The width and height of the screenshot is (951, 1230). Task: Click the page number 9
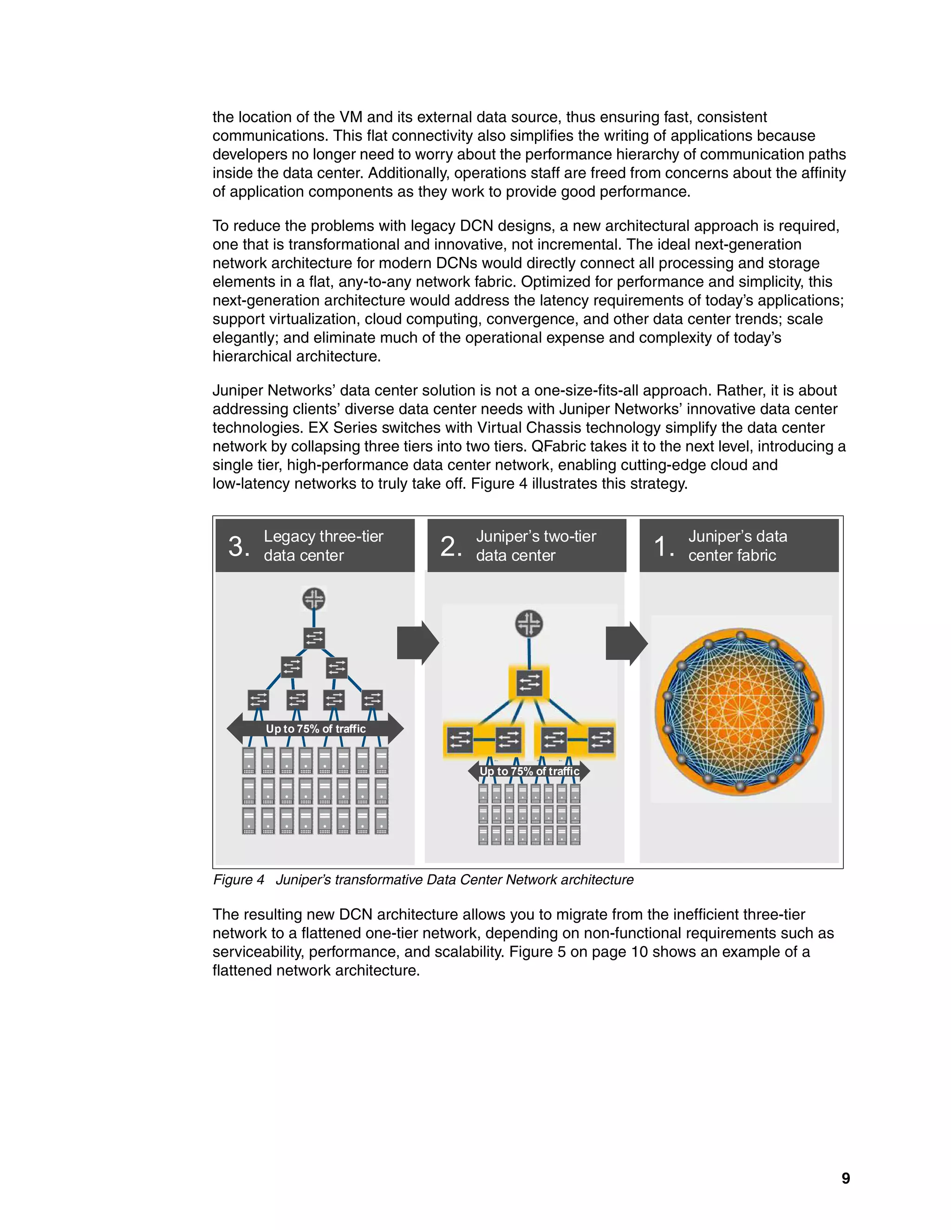coord(845,1178)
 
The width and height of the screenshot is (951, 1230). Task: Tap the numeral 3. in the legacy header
coord(239,546)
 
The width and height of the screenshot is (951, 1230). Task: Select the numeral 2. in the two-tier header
coord(451,546)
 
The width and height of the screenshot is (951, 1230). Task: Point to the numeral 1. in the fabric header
coord(663,546)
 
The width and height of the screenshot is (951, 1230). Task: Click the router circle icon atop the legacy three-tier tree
coord(314,599)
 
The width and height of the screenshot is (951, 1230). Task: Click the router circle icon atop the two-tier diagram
coord(529,623)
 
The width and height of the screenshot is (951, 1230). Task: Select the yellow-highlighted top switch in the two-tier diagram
coord(529,683)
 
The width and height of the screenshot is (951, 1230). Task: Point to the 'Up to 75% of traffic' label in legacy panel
coord(315,729)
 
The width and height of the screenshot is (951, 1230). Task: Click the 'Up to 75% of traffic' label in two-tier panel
coord(529,771)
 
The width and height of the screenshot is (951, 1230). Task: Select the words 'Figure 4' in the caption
coord(238,880)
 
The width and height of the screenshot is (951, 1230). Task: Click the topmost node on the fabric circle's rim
coord(741,636)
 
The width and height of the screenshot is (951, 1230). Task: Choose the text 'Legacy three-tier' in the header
coord(323,536)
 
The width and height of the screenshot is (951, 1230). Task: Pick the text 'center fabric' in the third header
coord(732,555)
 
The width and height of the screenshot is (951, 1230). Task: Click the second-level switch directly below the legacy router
coord(314,638)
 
